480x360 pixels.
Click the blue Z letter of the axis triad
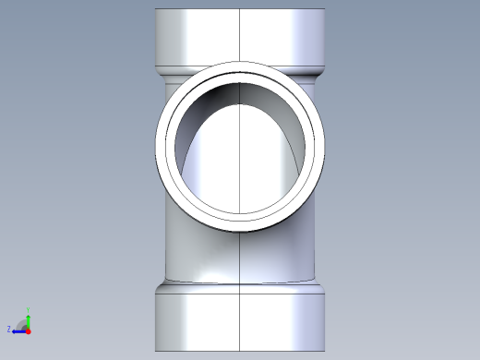point(9,329)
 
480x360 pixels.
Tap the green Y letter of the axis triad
point(28,310)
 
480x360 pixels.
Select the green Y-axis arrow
point(28,319)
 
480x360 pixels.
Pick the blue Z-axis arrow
point(18,330)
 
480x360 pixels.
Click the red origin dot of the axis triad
point(28,330)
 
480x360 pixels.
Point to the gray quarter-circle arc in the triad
point(22,323)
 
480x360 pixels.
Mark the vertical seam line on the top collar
point(240,37)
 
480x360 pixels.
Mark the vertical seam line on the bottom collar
point(240,318)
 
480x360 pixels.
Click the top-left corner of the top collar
point(155,10)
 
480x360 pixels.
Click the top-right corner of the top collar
point(326,10)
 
